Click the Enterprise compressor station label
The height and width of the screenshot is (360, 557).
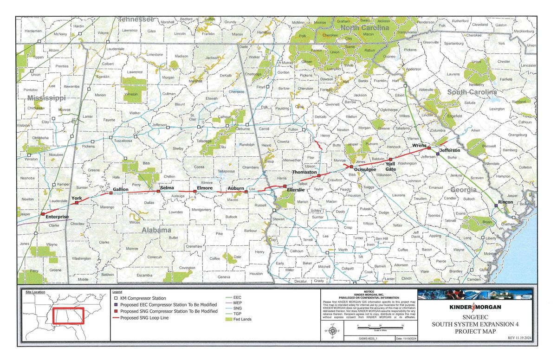[57, 217]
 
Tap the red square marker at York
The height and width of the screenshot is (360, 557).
[77, 203]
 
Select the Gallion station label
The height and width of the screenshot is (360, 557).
[121, 190]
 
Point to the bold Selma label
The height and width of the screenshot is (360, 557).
[167, 188]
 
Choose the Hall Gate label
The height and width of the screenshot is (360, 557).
[391, 167]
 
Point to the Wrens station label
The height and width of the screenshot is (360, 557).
[419, 146]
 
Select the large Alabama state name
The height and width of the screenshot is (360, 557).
[156, 230]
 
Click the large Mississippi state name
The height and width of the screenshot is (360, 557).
[46, 98]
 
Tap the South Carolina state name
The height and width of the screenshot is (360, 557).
[472, 92]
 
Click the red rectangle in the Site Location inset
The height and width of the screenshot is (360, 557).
[68, 316]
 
